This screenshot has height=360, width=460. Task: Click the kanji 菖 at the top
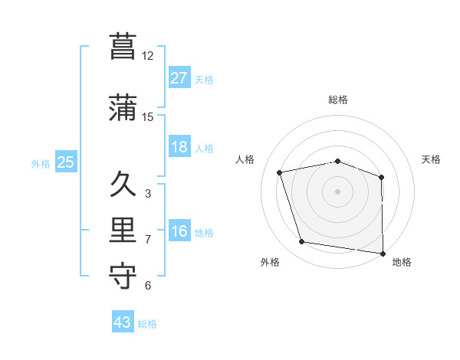click(x=123, y=45)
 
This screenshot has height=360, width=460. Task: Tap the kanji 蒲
click(x=123, y=107)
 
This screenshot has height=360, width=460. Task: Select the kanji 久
click(x=123, y=185)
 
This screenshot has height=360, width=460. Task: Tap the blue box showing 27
click(x=179, y=78)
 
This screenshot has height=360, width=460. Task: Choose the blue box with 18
click(x=179, y=147)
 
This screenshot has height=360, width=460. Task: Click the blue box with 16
click(x=179, y=231)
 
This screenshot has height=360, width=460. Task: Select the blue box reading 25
click(x=65, y=162)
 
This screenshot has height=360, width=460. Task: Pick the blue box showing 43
click(x=123, y=322)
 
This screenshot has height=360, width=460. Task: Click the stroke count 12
click(x=148, y=56)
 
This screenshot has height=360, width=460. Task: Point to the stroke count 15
click(x=148, y=117)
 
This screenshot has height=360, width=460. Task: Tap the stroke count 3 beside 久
click(x=148, y=194)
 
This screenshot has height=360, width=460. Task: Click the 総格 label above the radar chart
click(x=338, y=100)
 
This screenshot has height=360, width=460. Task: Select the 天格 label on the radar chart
click(x=431, y=159)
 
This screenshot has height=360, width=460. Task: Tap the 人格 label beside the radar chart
click(x=245, y=159)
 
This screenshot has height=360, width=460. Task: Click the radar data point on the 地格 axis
click(x=383, y=253)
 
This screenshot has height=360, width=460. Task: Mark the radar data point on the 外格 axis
click(x=302, y=242)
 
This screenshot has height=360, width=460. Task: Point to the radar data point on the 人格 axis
click(x=280, y=172)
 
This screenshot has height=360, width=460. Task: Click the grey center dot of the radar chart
click(x=338, y=191)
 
